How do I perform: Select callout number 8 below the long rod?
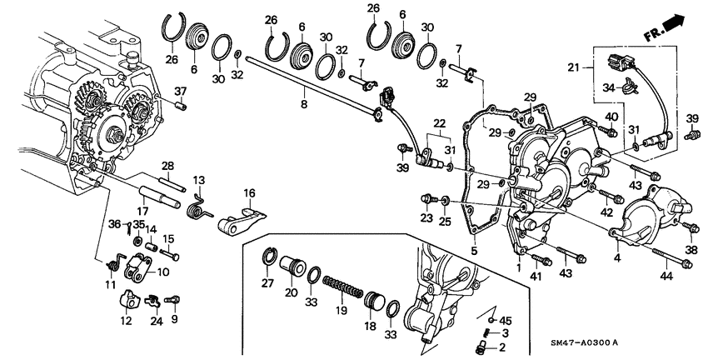303,105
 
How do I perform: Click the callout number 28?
167,165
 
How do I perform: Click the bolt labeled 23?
428,198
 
